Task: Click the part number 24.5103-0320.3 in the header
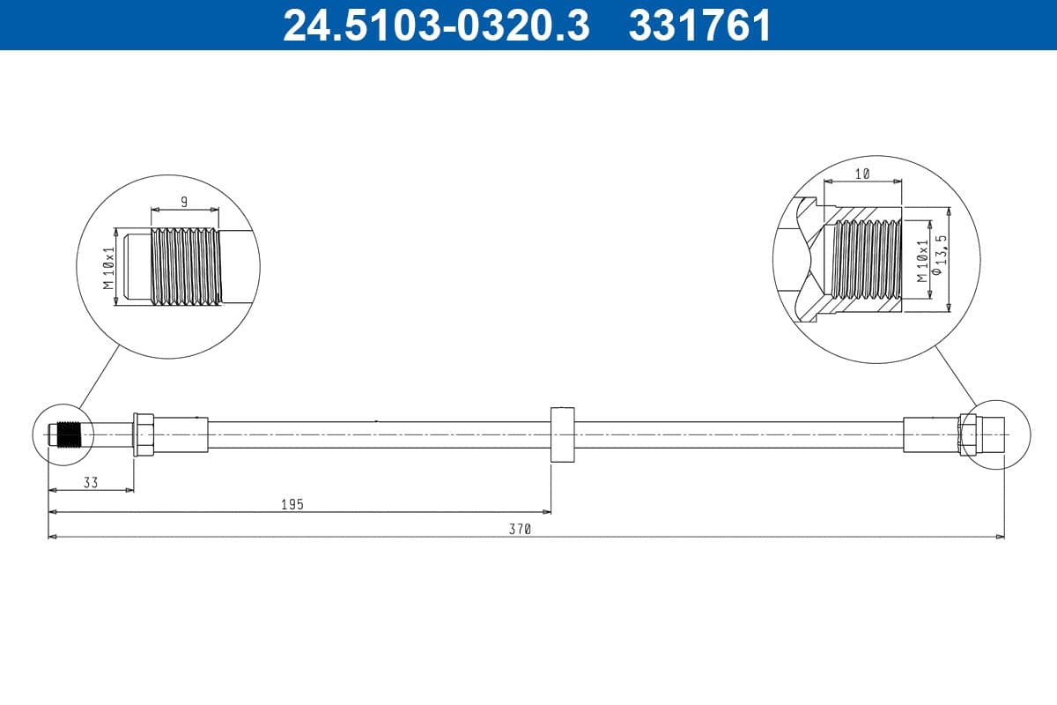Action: pyautogui.click(x=435, y=25)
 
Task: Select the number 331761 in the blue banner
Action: pyautogui.click(x=699, y=25)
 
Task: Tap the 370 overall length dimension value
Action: pyautogui.click(x=521, y=530)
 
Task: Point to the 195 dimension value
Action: pyautogui.click(x=292, y=504)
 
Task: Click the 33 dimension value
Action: pyautogui.click(x=91, y=482)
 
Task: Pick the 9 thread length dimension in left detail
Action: pyautogui.click(x=184, y=202)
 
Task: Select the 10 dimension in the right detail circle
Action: pyautogui.click(x=862, y=174)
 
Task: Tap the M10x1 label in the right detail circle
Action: pyautogui.click(x=921, y=260)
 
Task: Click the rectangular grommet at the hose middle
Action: pyautogui.click(x=562, y=434)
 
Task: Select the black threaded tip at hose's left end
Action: pyautogui.click(x=68, y=434)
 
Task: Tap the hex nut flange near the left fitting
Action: pyautogui.click(x=143, y=434)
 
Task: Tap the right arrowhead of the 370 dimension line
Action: pyautogui.click(x=1000, y=536)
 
